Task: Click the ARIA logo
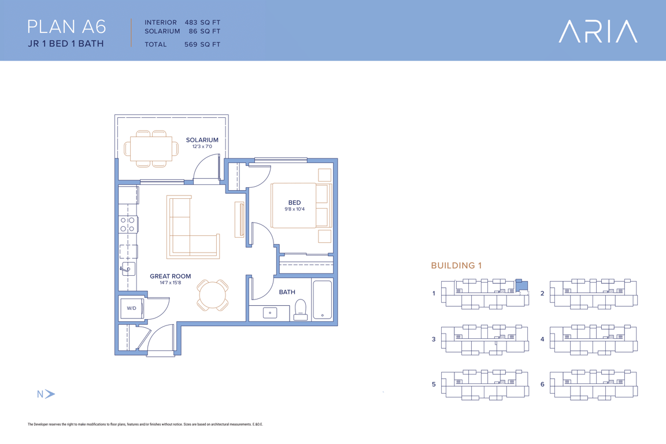[598, 31]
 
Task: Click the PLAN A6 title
[66, 27]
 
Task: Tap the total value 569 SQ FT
[202, 44]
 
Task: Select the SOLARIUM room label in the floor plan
[202, 140]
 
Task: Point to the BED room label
[294, 203]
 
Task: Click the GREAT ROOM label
[171, 276]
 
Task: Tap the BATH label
[287, 292]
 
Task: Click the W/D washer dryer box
[132, 309]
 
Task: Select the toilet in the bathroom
[300, 309]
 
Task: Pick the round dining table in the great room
[213, 294]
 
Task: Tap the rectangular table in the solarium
[151, 149]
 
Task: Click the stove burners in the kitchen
[127, 224]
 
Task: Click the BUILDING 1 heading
[456, 265]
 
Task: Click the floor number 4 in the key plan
[542, 339]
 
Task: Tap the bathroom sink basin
[270, 313]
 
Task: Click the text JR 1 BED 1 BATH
[66, 43]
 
